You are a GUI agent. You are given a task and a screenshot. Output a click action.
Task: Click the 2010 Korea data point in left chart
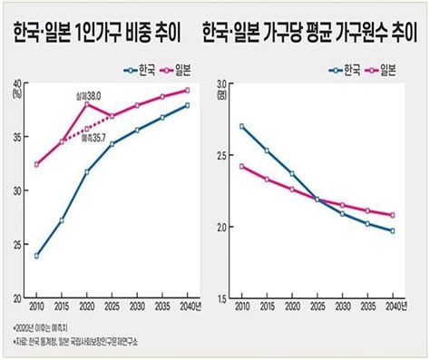[36, 256]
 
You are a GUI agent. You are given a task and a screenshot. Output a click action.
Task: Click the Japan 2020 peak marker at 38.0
[87, 104]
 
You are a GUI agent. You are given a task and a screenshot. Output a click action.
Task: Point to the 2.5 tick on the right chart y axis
[223, 156]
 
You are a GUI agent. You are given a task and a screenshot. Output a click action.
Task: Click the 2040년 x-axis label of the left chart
[189, 307]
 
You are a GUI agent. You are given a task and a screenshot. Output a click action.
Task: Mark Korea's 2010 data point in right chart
[242, 126]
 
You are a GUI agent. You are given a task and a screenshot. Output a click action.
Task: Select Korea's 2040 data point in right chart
[392, 231]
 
